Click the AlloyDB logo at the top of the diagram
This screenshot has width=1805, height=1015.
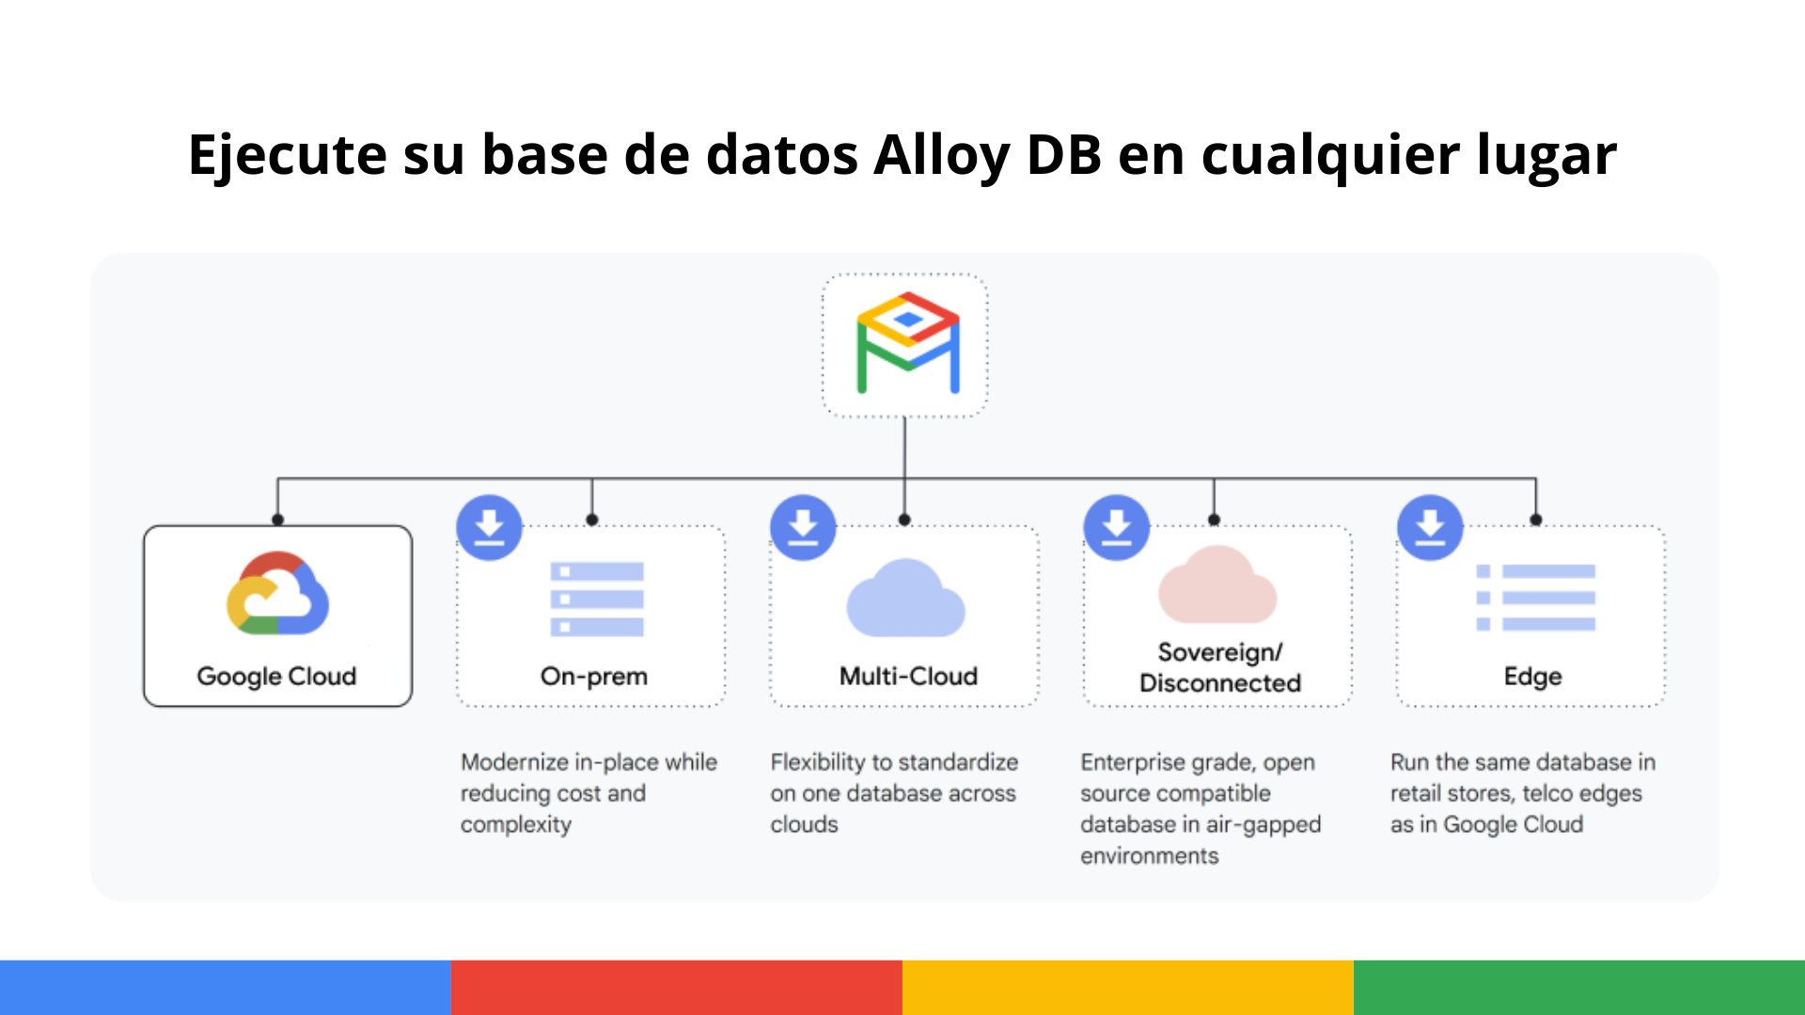pos(907,343)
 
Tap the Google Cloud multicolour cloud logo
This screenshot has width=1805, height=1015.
pos(277,593)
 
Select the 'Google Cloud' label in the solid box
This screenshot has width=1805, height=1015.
pos(276,677)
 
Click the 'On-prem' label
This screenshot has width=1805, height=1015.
pos(594,677)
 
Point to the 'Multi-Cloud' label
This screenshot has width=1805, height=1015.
pos(908,676)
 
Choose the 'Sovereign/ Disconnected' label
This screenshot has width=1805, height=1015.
pos(1220,667)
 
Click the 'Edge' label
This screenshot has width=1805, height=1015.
pos(1532,677)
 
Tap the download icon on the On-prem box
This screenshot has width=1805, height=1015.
pos(489,527)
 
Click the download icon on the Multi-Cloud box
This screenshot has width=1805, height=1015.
pos(803,527)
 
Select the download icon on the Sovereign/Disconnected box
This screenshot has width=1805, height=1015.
pos(1116,527)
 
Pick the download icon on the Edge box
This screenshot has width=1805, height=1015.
pos(1430,527)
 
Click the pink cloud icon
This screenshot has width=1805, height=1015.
pos(1217,585)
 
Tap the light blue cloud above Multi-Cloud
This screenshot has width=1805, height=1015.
pos(905,598)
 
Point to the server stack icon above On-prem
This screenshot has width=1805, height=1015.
pos(597,599)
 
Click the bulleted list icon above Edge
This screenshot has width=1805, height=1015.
pos(1536,598)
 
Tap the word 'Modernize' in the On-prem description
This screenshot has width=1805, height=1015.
pos(515,762)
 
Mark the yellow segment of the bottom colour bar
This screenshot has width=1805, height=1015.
pos(1128,988)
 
